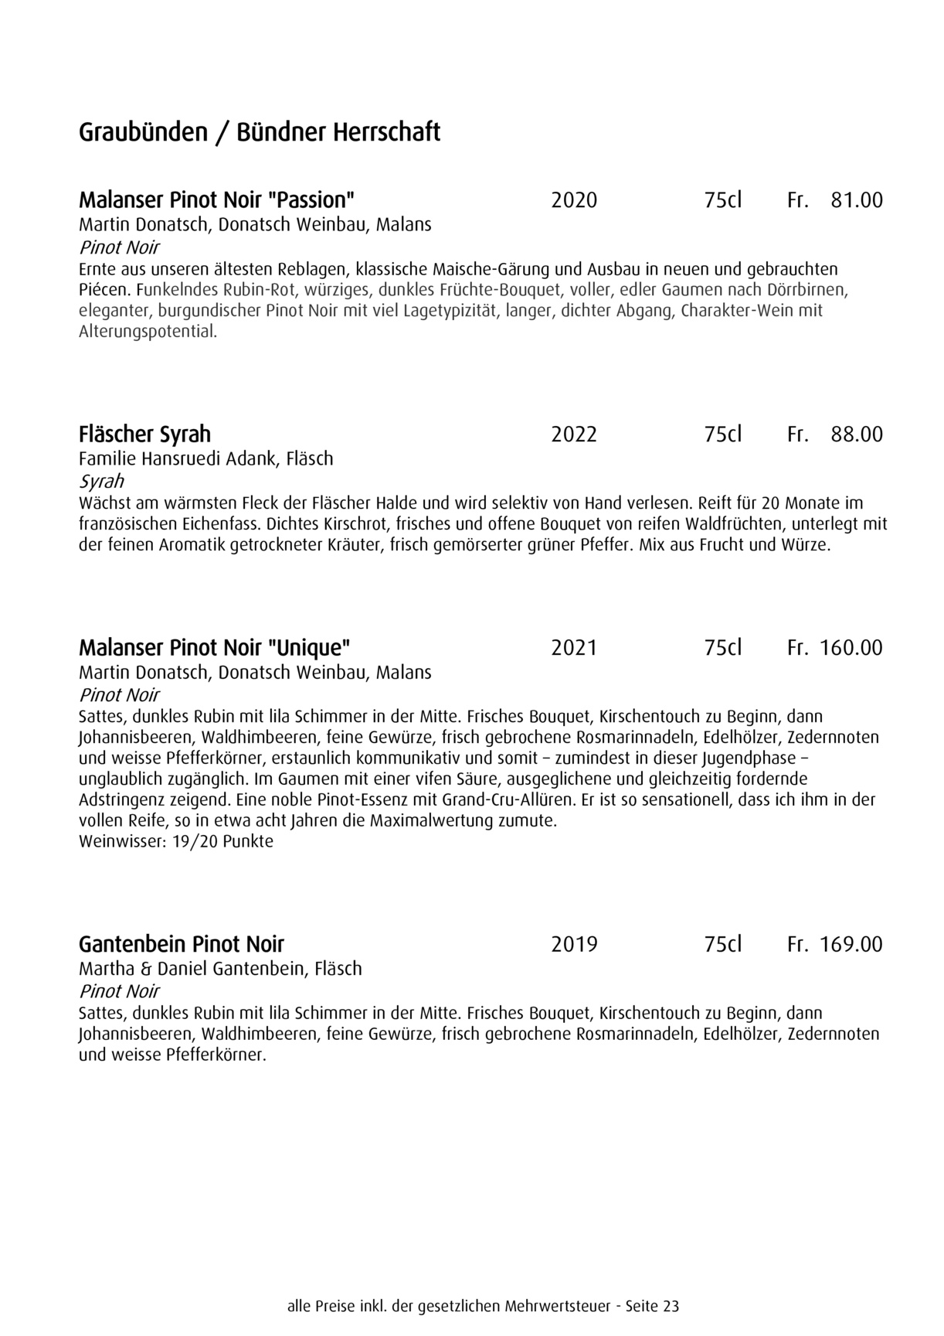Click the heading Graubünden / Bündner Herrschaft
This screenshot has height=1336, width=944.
(260, 132)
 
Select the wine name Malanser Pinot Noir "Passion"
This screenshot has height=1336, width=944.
(216, 200)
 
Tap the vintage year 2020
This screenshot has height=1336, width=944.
(574, 201)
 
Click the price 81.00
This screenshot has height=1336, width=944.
(856, 201)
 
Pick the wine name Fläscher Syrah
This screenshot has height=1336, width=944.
(144, 435)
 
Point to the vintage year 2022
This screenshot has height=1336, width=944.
(574, 435)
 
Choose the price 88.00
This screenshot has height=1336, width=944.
(856, 435)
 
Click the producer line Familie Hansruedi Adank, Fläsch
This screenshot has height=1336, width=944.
(206, 458)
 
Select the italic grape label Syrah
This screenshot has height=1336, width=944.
(101, 481)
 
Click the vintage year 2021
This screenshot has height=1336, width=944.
(574, 648)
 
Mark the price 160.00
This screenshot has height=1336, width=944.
(851, 648)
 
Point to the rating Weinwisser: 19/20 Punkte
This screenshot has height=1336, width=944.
(176, 841)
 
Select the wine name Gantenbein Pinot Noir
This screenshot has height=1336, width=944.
(182, 944)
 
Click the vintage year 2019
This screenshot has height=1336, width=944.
(574, 945)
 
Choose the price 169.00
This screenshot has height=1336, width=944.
(851, 945)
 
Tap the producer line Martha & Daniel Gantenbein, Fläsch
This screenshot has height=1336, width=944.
(220, 969)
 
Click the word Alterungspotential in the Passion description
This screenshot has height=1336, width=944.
(147, 332)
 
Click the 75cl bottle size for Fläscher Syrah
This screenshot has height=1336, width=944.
(722, 435)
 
